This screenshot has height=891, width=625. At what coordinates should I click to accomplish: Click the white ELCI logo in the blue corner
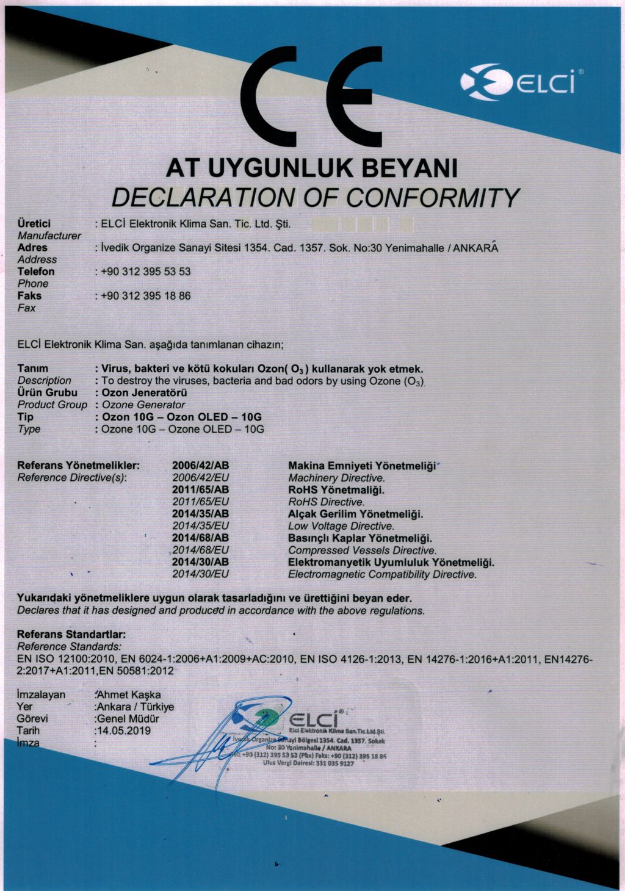coord(518,82)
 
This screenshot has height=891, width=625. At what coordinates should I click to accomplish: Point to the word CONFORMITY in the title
coord(433,197)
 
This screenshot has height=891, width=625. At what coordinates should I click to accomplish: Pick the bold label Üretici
coord(34,224)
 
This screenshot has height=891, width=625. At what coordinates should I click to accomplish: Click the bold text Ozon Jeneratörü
coord(144,392)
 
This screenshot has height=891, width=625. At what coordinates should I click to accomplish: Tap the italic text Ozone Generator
coord(143,405)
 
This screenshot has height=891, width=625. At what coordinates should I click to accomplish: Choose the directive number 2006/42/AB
coord(200,466)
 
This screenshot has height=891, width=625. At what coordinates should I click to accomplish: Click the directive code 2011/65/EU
coord(200,502)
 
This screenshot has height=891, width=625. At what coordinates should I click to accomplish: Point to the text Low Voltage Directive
coord(341,526)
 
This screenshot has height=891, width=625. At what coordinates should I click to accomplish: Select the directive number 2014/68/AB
coord(200,538)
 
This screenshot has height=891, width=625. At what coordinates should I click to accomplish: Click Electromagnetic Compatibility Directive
coord(382,574)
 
